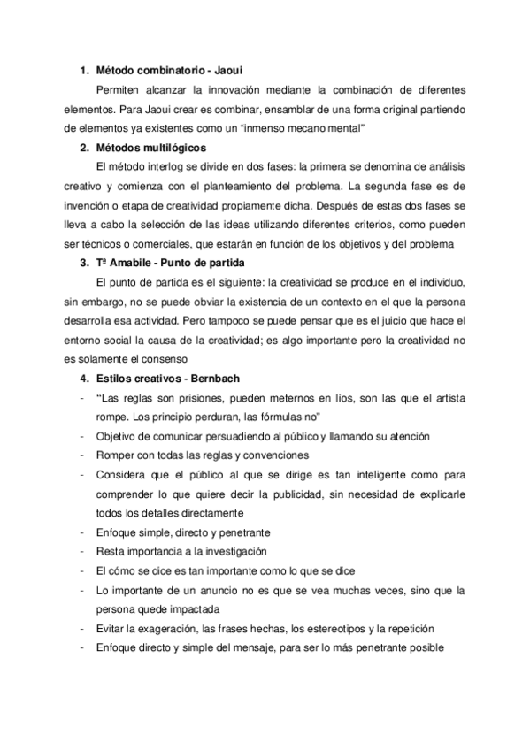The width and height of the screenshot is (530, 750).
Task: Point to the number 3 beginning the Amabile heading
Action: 83,263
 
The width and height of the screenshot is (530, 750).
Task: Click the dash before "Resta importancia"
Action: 81,552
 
